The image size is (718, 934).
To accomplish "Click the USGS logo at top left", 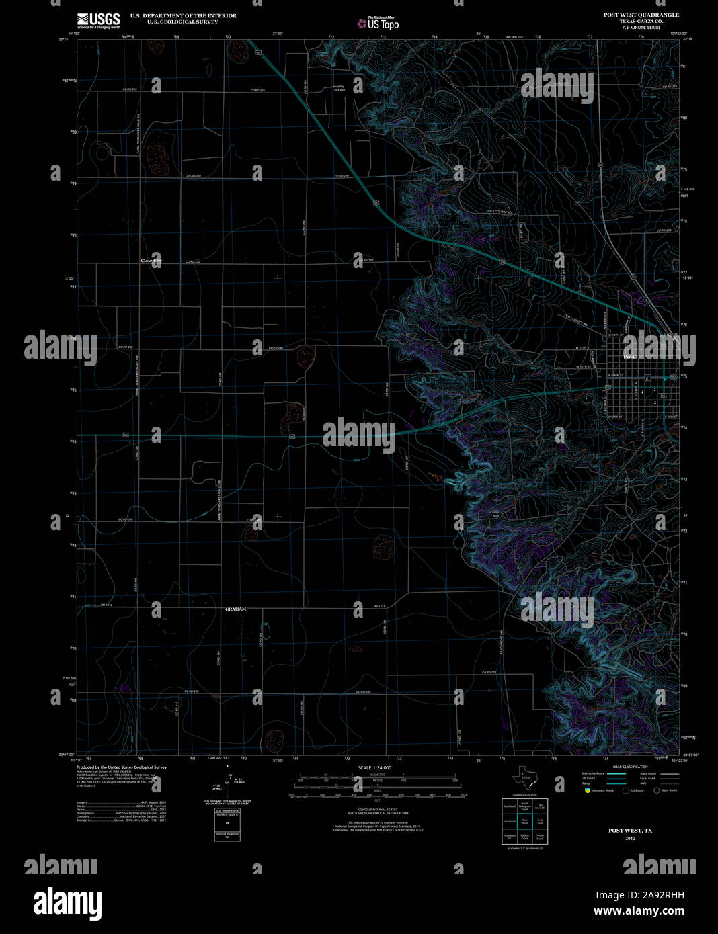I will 98,19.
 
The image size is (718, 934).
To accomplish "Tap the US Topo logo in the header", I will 378,24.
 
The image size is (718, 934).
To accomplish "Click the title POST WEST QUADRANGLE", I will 641,15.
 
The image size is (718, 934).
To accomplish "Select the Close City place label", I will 151,261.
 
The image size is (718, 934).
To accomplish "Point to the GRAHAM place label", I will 235,609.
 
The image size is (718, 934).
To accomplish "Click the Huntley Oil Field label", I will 339,87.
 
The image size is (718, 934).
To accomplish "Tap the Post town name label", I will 629,357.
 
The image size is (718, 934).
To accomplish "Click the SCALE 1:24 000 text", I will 374,767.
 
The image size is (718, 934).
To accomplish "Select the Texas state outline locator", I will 522,779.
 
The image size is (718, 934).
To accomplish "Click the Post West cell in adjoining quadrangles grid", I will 525,820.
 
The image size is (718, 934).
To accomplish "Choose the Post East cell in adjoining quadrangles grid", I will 540,820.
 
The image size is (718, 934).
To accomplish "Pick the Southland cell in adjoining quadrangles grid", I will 510,805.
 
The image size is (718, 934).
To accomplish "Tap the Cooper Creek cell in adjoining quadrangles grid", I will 540,837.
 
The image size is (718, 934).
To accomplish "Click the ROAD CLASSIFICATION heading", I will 630,767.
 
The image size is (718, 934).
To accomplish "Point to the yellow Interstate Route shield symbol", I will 587,790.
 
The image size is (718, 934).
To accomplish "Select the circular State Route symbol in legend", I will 657,790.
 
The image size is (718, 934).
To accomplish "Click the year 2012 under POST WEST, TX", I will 630,839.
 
